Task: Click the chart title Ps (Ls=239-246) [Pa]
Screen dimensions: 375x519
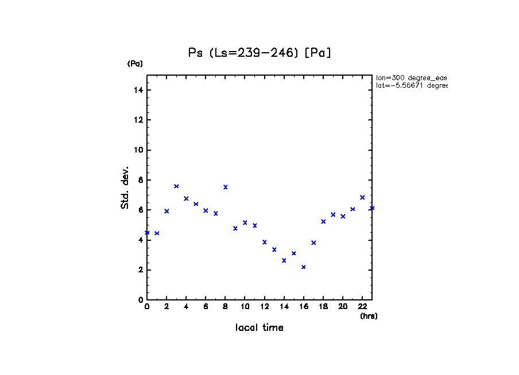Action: [260, 53]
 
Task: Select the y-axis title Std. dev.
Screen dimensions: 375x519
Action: [125, 187]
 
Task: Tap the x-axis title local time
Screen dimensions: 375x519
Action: [259, 328]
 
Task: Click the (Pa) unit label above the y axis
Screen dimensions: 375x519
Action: [135, 64]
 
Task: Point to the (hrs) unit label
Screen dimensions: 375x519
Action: [369, 316]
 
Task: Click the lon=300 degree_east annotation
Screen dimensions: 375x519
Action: [411, 77]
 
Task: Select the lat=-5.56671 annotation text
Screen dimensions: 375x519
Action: [411, 85]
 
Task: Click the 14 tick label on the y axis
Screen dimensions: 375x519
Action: [138, 90]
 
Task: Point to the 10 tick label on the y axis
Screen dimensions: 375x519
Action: [138, 150]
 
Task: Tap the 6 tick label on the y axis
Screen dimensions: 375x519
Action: [140, 210]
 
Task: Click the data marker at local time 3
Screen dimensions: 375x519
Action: [176, 186]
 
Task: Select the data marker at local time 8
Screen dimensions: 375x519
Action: [226, 187]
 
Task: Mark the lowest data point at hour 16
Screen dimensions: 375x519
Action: [304, 267]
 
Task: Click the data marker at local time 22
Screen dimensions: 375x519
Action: [362, 197]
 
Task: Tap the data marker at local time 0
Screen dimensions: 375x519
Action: [147, 233]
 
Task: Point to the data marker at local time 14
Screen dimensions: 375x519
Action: [284, 260]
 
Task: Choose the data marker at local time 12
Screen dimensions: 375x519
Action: [265, 242]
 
